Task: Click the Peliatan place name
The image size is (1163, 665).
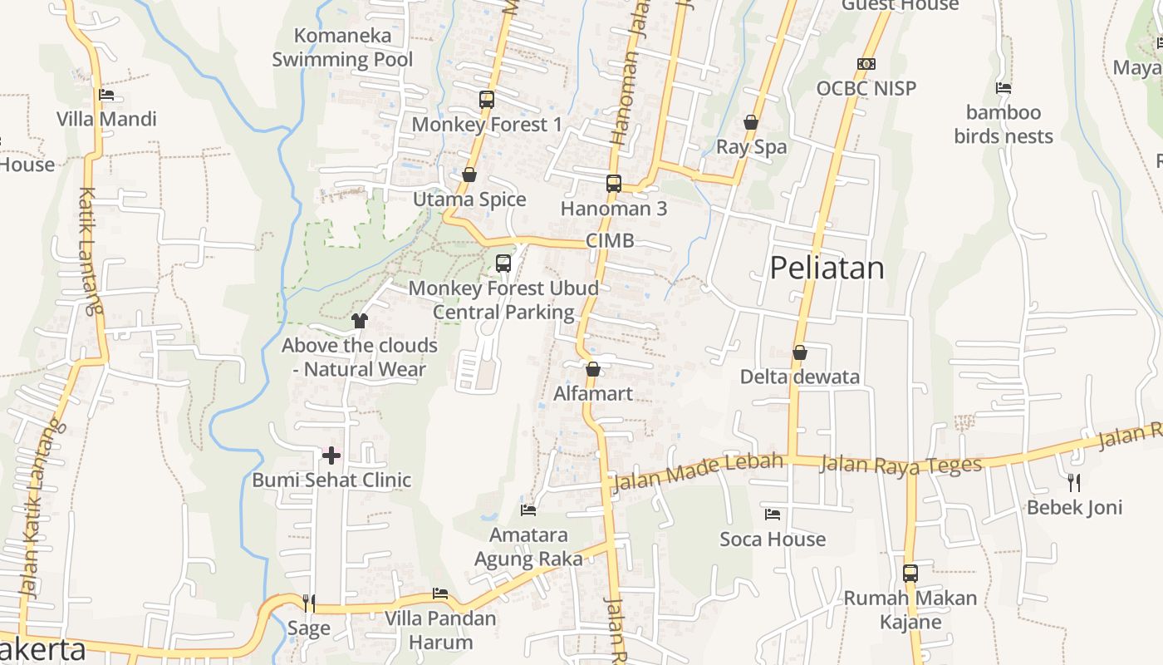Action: coord(827,268)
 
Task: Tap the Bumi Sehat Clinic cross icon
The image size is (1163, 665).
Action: coord(331,456)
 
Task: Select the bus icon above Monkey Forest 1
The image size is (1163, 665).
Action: coord(487,100)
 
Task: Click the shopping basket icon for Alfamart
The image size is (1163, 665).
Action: coord(593,369)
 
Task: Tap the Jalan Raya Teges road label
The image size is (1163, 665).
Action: coord(900,464)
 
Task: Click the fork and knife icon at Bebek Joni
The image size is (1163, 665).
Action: coord(1074,482)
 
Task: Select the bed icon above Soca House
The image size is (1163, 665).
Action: coord(773,515)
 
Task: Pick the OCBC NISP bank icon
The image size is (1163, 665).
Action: coord(866,64)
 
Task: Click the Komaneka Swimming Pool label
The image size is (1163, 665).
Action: coord(342,47)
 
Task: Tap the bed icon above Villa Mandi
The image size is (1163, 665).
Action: coord(106,95)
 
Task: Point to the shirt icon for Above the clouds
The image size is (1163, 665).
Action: coord(360,321)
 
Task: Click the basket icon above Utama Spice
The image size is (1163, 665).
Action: coord(469,175)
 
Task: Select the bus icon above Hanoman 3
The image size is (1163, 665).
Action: coord(614,184)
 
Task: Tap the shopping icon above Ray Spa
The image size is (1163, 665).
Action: coord(751,123)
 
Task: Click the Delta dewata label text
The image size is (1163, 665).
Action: coord(800,377)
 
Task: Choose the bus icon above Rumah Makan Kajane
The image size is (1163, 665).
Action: coord(910,573)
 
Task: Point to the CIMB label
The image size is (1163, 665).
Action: coord(610,241)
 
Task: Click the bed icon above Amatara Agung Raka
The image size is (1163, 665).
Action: coord(528,510)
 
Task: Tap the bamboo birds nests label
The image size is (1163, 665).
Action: coord(1004,125)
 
